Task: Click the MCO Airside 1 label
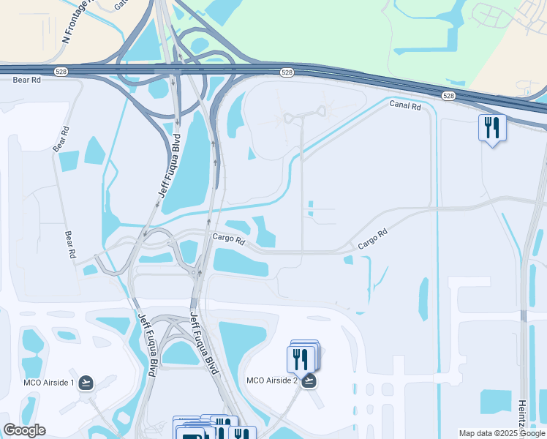tap(47, 383)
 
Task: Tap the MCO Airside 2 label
tap(271, 380)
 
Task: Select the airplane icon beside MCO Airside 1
tap(86, 383)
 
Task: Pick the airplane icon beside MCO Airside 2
tap(309, 380)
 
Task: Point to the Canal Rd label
tap(405, 106)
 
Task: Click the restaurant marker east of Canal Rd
tap(491, 129)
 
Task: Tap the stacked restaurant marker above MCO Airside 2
tap(301, 359)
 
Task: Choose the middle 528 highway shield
tap(287, 72)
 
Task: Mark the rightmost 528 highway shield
tap(448, 96)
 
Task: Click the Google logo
tap(24, 430)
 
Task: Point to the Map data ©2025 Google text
tap(502, 433)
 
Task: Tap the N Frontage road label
tap(76, 22)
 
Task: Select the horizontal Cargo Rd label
tap(228, 238)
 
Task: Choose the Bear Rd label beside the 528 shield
tap(26, 79)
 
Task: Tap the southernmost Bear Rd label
tap(70, 245)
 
